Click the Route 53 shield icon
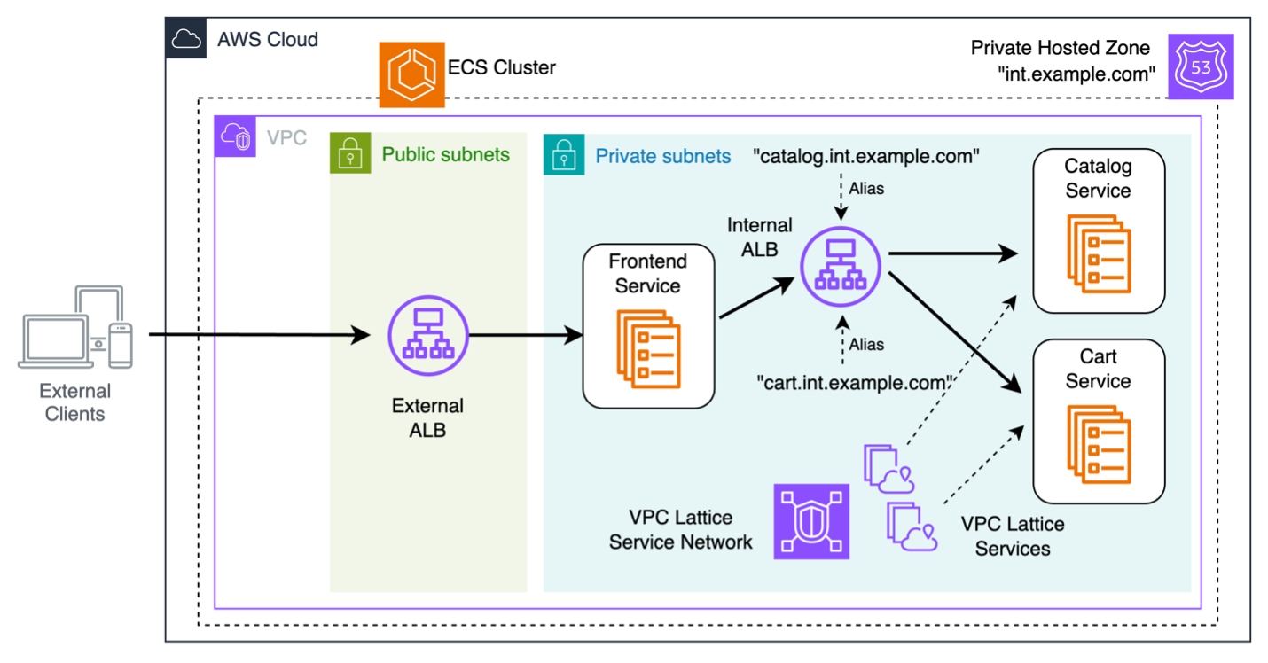tap(1201, 67)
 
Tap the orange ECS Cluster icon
tap(411, 75)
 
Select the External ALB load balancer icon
tap(428, 337)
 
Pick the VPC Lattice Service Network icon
tap(811, 521)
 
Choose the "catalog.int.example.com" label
tap(866, 157)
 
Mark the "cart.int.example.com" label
tap(854, 383)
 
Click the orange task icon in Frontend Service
tap(648, 348)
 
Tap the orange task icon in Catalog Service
tap(1099, 253)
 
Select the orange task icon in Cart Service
tap(1099, 444)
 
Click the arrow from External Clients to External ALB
tap(266, 335)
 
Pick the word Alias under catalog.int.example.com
tap(866, 188)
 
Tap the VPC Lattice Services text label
tap(1012, 536)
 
